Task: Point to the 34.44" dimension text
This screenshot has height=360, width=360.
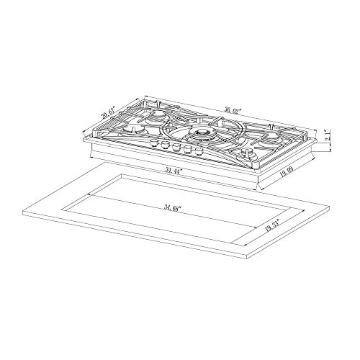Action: pyautogui.click(x=173, y=171)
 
